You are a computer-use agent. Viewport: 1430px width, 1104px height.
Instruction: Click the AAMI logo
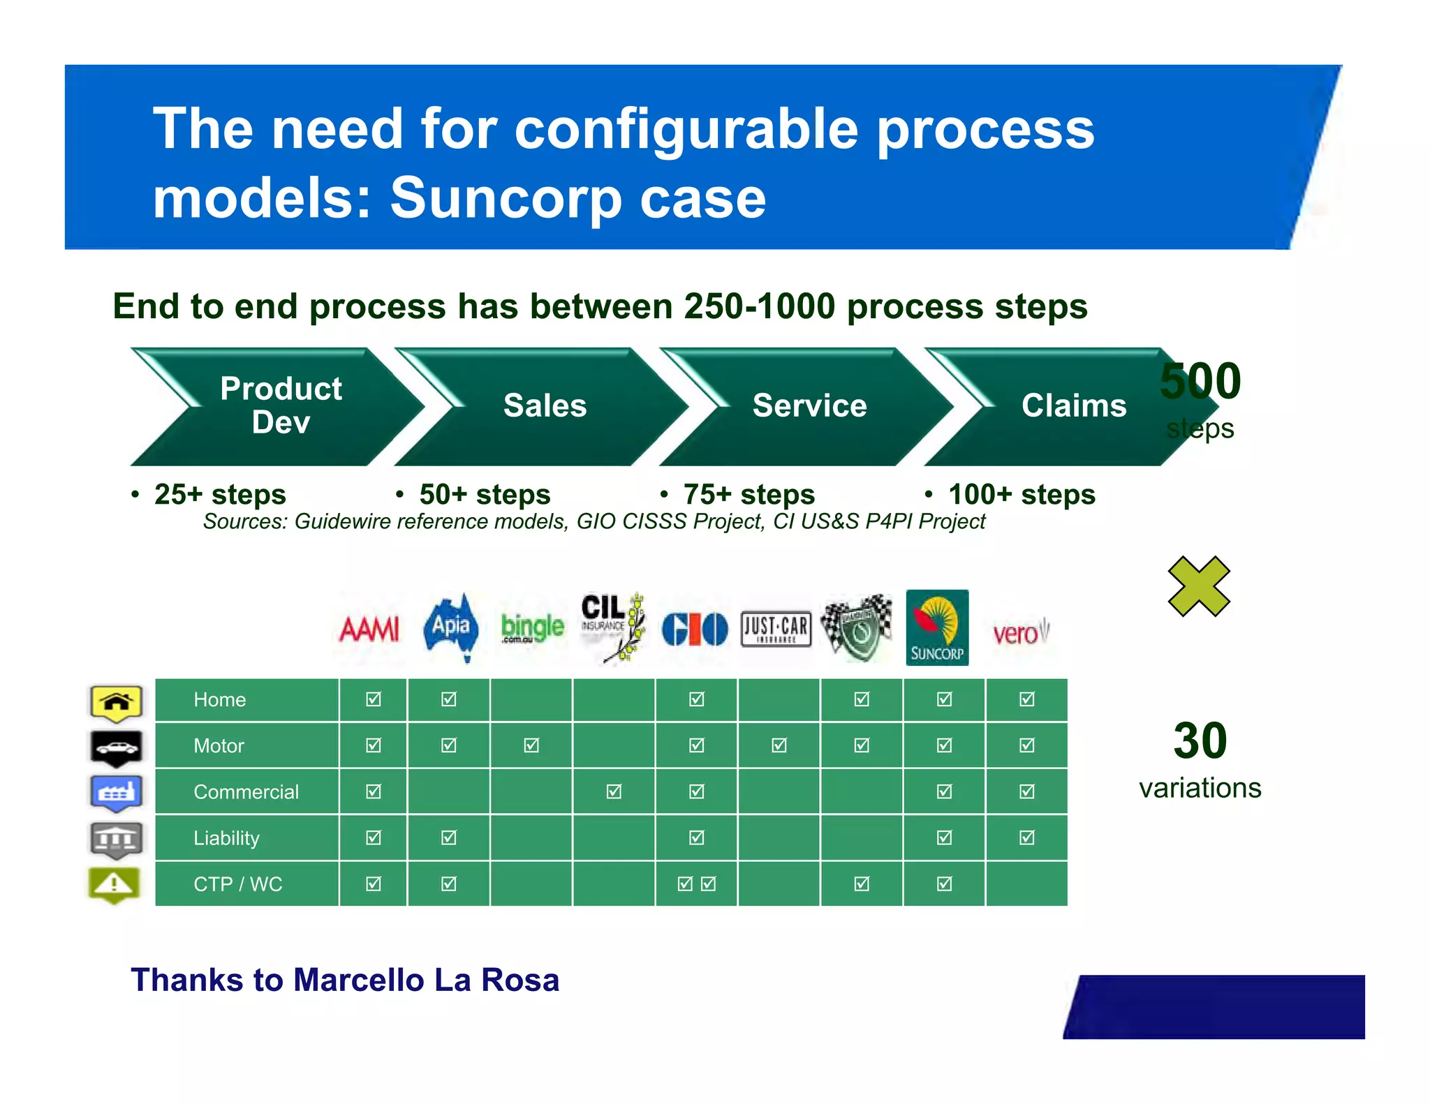(369, 629)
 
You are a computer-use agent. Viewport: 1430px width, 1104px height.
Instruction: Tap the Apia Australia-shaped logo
(451, 627)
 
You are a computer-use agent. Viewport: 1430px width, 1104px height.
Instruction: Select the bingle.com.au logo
(532, 628)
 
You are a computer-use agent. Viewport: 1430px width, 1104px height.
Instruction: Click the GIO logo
(695, 629)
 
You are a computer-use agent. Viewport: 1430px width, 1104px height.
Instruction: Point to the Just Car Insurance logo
(776, 629)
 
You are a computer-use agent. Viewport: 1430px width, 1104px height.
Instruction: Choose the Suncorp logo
(937, 627)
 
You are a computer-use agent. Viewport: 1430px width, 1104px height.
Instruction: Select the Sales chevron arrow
(545, 406)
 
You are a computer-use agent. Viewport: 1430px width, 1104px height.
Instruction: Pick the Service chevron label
(809, 406)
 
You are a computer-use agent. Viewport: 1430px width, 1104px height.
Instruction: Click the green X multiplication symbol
(1198, 586)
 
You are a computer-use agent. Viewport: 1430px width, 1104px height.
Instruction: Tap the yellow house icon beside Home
(117, 702)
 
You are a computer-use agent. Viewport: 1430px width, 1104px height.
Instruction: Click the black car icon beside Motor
(117, 748)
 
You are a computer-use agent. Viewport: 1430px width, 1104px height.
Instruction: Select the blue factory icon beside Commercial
(117, 793)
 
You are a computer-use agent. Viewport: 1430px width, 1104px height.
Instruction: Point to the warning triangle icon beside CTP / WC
(115, 885)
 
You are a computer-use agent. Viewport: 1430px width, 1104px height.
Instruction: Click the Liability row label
(226, 838)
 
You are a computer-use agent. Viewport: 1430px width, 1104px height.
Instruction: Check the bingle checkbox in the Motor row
(531, 745)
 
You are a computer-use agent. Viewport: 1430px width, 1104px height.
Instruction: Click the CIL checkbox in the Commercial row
(614, 791)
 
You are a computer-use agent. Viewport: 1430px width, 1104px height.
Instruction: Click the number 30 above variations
(1200, 740)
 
